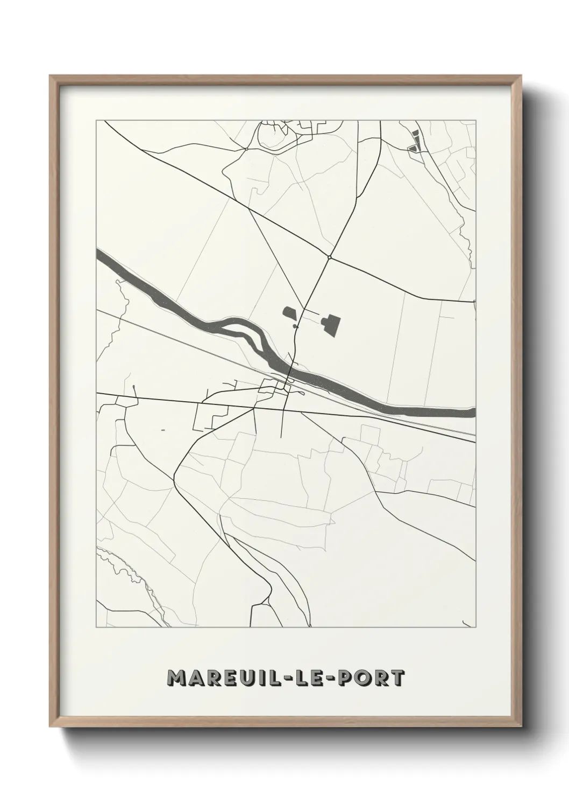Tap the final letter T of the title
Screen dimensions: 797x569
(x=396, y=678)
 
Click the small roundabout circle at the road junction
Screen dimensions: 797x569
(x=329, y=257)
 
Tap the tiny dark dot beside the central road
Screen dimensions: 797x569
(x=295, y=326)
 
